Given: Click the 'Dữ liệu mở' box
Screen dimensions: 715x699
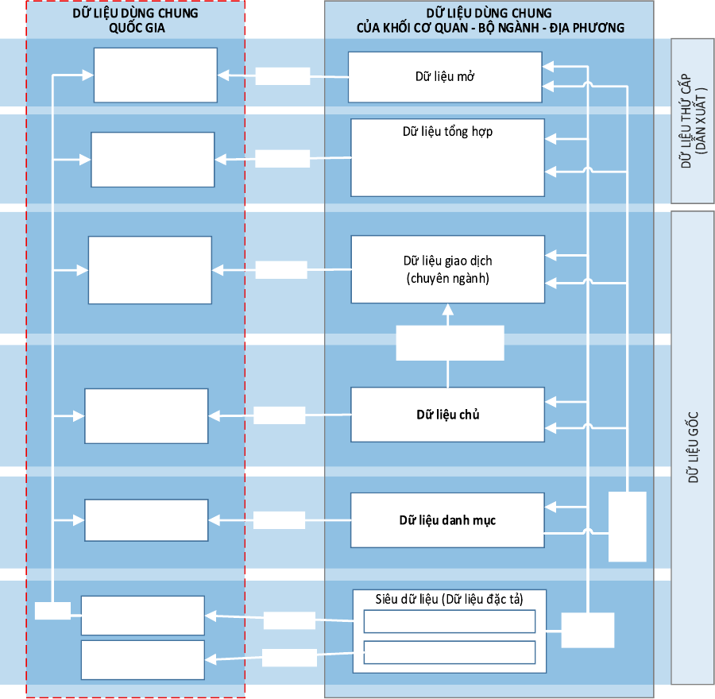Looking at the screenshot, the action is (445, 77).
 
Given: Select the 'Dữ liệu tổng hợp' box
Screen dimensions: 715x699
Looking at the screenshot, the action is (447, 158).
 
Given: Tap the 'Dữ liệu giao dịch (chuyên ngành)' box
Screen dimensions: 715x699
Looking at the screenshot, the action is (448, 269).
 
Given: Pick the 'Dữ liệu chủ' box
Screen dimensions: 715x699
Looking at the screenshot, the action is (447, 415).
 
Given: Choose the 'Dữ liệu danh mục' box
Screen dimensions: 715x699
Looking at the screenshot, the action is (447, 520).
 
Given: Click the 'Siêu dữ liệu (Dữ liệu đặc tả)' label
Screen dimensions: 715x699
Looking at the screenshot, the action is (449, 599).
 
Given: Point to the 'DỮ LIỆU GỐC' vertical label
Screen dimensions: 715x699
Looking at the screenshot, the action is (693, 447).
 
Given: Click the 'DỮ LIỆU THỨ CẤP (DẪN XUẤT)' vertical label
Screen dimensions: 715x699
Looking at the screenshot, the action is (693, 121).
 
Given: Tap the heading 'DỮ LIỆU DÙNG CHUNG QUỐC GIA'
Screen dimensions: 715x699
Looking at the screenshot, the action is (135, 21).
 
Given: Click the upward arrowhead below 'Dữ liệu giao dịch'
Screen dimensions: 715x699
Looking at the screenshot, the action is (448, 310).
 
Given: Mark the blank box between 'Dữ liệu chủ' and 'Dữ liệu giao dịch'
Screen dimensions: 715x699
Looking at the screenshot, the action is (450, 343).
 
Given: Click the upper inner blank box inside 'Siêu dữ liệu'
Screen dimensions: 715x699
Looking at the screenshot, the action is (449, 621).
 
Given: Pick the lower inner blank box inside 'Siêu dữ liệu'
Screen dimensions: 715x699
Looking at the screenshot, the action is (449, 652).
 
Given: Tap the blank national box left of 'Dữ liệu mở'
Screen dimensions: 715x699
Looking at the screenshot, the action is (156, 75).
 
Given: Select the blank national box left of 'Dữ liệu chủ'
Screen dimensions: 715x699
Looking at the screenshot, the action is (146, 416).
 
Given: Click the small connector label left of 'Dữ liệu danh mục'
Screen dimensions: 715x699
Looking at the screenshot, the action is (279, 520).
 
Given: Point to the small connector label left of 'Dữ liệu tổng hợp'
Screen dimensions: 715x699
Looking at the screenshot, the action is (282, 159).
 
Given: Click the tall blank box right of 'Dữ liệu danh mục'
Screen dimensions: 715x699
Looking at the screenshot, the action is (628, 527).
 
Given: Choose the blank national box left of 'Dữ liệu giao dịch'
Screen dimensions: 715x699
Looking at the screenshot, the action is (150, 270).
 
